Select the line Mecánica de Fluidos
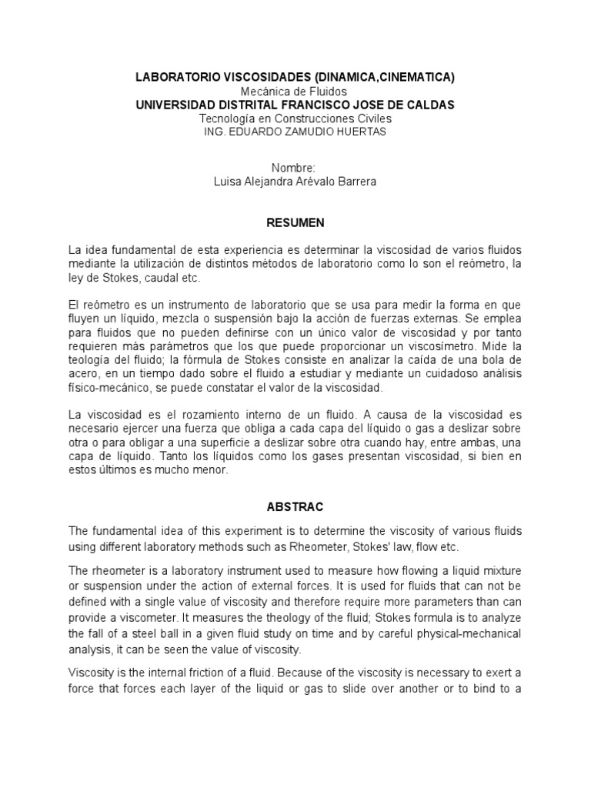point(295,91)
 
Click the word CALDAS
point(426,105)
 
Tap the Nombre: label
point(295,168)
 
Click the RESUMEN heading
point(295,222)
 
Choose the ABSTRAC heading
point(295,507)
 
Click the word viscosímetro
point(459,346)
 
